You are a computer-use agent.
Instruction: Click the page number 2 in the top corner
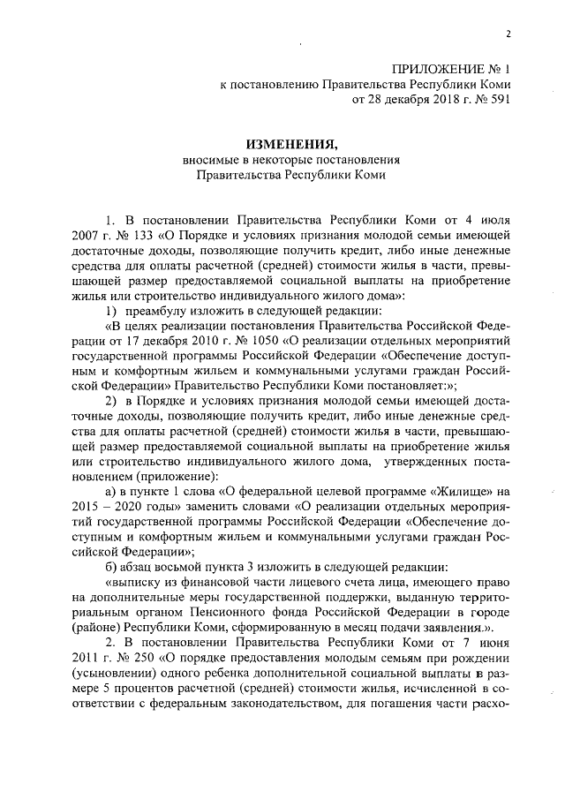(508, 34)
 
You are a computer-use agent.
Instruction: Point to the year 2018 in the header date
(433, 100)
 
